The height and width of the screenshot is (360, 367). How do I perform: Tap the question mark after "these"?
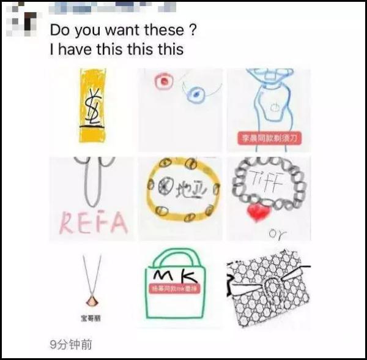point(193,30)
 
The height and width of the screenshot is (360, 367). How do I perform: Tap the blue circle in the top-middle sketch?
point(195,94)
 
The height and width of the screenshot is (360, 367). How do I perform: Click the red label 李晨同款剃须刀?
point(269,139)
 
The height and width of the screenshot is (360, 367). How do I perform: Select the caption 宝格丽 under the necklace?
point(92,318)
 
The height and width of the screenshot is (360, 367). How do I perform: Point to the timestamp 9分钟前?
point(70,345)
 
